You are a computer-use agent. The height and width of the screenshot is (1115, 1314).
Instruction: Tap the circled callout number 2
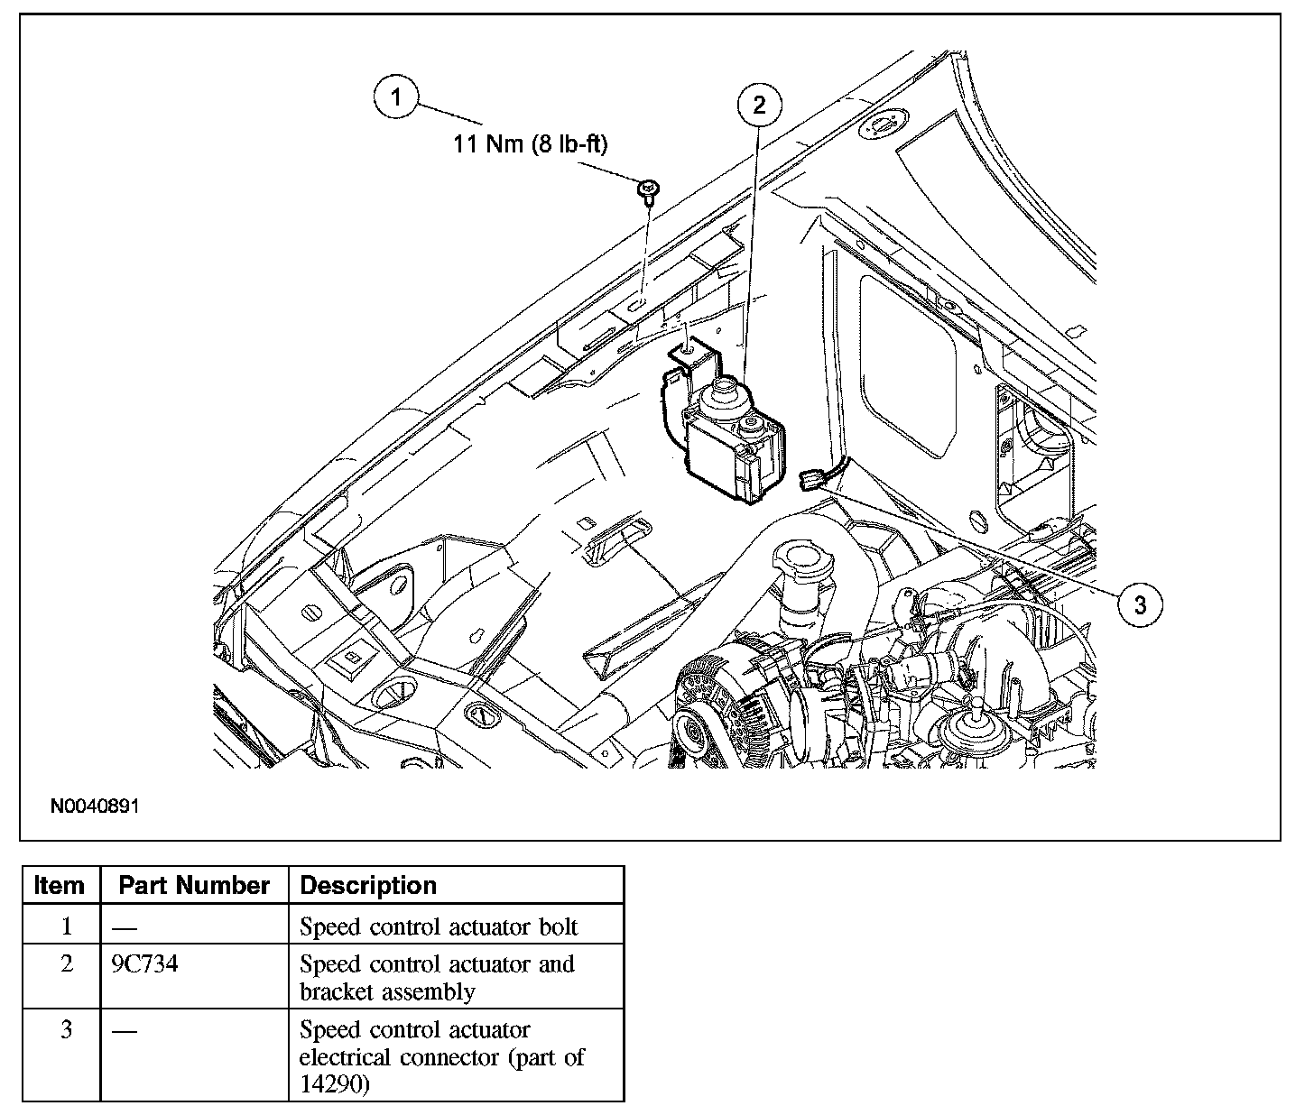click(759, 106)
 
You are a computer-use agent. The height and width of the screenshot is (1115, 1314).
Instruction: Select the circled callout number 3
click(1140, 604)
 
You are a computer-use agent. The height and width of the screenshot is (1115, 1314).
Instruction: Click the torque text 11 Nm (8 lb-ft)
click(530, 144)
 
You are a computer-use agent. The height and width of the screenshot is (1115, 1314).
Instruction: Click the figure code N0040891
click(95, 806)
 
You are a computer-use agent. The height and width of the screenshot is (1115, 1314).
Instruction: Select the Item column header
click(60, 886)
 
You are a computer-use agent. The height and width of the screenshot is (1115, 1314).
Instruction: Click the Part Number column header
click(194, 886)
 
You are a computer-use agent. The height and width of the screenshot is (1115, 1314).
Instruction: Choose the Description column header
click(368, 886)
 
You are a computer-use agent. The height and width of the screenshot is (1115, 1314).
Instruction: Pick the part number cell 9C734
click(144, 964)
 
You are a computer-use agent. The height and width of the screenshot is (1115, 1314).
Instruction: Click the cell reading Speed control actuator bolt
click(439, 926)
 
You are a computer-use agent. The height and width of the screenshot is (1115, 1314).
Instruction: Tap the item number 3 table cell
click(66, 1030)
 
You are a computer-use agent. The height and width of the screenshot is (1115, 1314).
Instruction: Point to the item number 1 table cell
click(66, 926)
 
